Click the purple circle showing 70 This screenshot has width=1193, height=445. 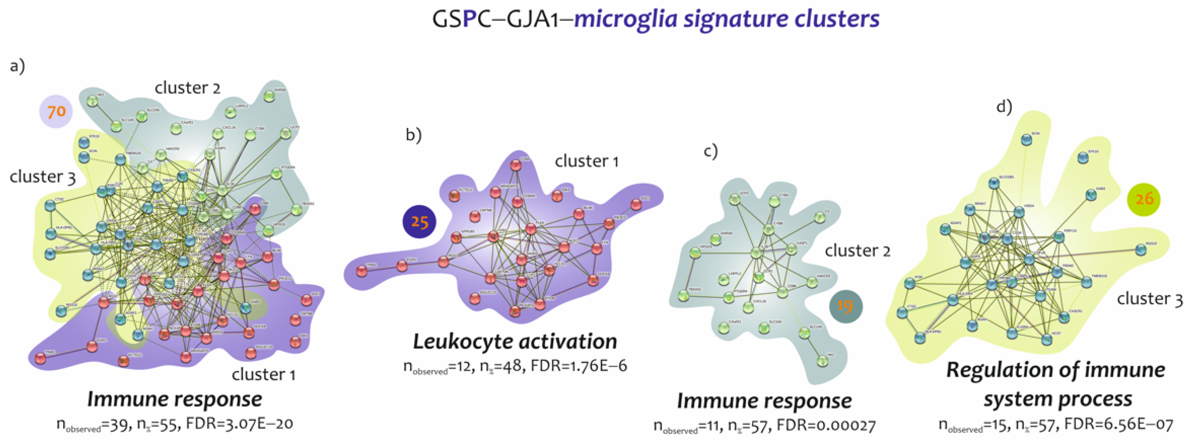(x=56, y=111)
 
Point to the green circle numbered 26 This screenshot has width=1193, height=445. (x=1144, y=199)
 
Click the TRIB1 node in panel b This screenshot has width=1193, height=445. (x=362, y=271)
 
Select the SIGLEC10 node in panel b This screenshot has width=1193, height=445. (x=475, y=298)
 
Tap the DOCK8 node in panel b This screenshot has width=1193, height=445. (x=593, y=280)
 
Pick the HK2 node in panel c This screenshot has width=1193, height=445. (x=822, y=360)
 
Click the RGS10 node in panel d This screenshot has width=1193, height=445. (x=1141, y=250)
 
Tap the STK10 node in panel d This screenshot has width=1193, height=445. (x=1082, y=158)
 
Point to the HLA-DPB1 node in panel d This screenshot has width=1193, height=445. (x=920, y=338)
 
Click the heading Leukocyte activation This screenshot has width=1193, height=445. (x=515, y=342)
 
